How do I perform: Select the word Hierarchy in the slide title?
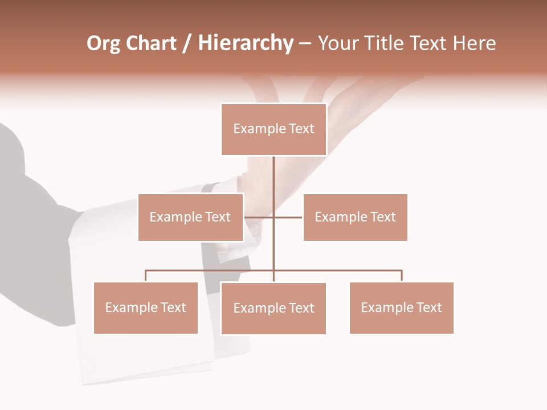coord(245,43)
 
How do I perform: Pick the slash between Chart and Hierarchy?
coord(187,44)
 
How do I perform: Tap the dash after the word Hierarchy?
coord(305,44)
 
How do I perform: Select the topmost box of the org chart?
coord(273,129)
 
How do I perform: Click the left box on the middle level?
coord(190,217)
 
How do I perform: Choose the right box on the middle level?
coord(355,217)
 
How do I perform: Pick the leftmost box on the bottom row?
coord(145,307)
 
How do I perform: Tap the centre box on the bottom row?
coord(273,308)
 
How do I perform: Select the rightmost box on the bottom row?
coord(401,307)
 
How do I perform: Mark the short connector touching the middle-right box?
coord(289,217)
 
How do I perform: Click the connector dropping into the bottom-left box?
coord(145,276)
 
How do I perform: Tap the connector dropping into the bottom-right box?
coord(402,276)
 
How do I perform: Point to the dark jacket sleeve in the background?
coord(34,228)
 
